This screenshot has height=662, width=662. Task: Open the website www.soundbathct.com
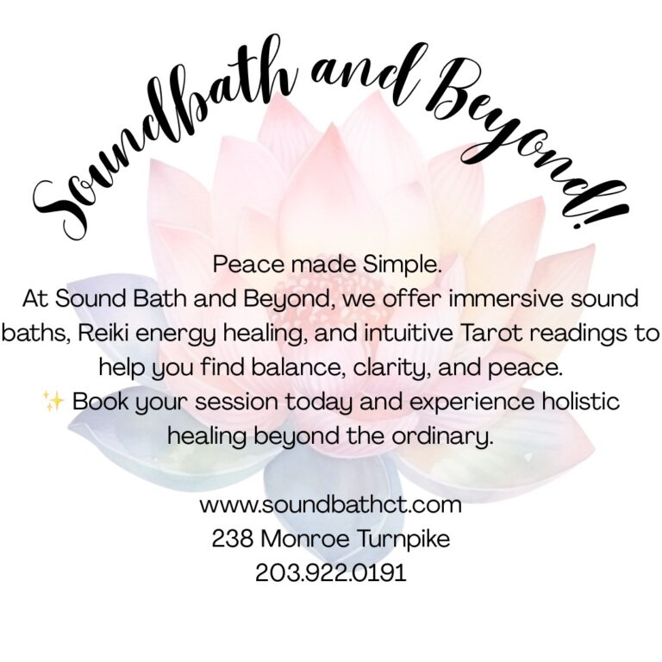coord(330,504)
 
